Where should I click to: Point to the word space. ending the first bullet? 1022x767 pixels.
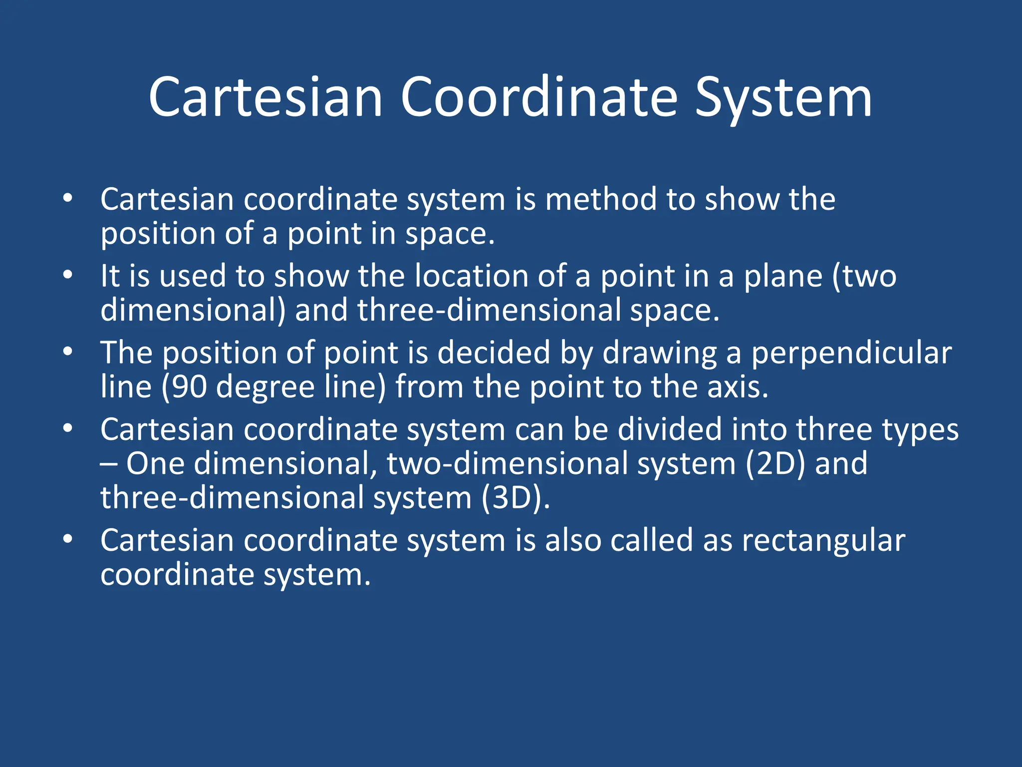(449, 234)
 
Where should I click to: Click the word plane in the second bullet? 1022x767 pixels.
(783, 276)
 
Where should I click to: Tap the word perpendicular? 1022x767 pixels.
(851, 353)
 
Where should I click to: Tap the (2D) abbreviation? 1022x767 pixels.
(775, 464)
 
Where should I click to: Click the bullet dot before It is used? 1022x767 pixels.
(68, 275)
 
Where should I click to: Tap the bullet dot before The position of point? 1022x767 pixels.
(68, 352)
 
